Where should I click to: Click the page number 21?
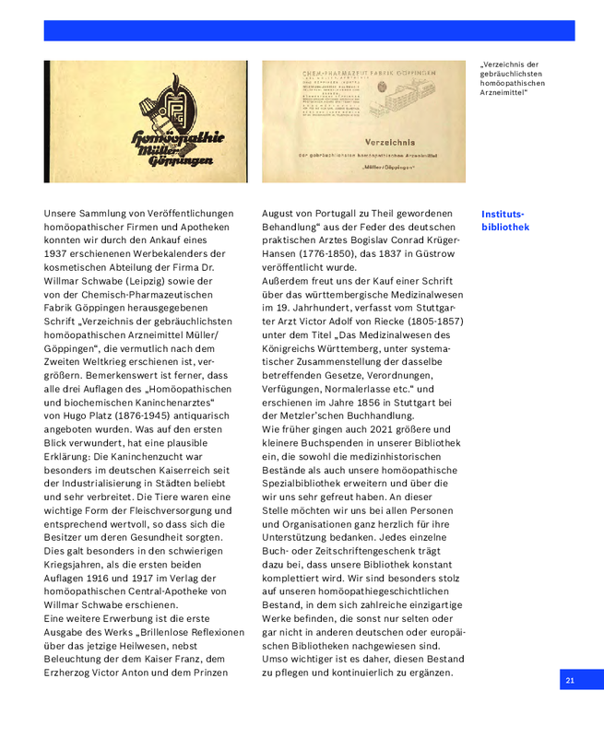(x=570, y=680)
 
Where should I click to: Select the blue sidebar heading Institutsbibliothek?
(x=505, y=220)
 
